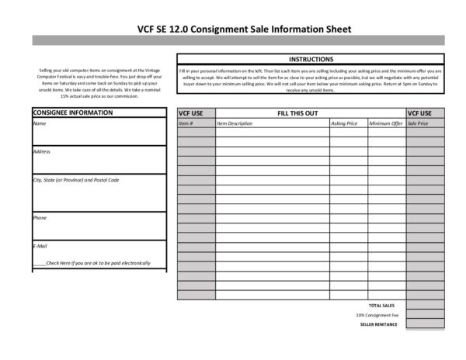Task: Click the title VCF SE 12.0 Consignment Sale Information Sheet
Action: coord(233,29)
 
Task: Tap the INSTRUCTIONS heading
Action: coord(311,59)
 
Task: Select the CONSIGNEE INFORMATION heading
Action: coord(72,112)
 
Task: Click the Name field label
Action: coord(40,123)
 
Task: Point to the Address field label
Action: coord(42,151)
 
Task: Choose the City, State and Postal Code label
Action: coord(75,180)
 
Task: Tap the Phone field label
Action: coord(40,218)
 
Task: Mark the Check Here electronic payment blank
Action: coord(39,263)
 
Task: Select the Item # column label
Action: coord(186,123)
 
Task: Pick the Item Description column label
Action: coord(235,123)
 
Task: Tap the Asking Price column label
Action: coord(344,123)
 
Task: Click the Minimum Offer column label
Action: coord(386,123)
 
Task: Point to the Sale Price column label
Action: coord(418,123)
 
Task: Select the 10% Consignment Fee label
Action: coord(377,315)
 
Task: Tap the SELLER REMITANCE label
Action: coord(379,324)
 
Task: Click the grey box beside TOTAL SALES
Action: coord(425,305)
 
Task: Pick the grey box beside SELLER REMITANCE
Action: coord(425,324)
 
